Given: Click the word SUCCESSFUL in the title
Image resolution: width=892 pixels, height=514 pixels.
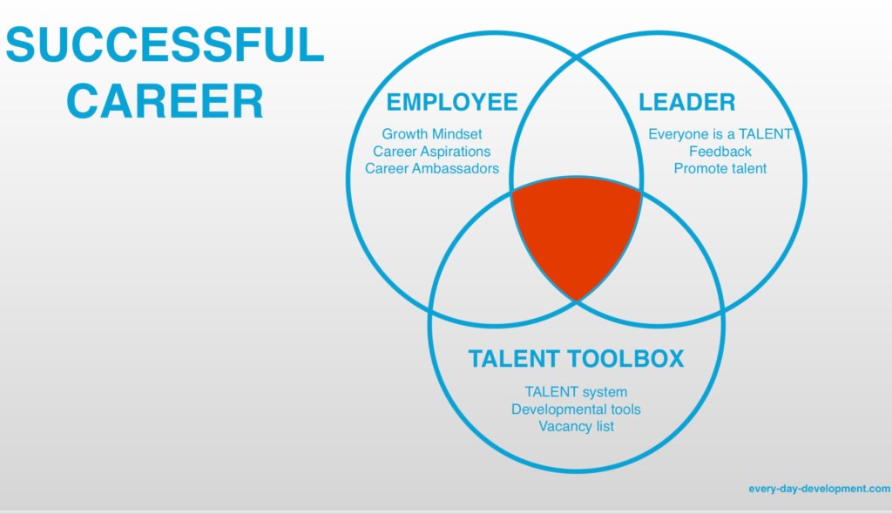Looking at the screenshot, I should tap(165, 44).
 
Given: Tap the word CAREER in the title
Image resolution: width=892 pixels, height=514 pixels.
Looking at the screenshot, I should tap(165, 100).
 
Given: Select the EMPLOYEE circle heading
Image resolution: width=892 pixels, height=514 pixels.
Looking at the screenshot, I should tap(452, 102).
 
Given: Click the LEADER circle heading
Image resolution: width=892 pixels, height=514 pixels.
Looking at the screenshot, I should tap(687, 102).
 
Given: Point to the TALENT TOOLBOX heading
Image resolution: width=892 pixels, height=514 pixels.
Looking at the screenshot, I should tap(576, 358).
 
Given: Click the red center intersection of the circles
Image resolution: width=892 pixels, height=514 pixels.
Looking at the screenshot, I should tap(576, 233).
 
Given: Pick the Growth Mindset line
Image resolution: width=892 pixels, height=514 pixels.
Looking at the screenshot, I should tap(432, 134).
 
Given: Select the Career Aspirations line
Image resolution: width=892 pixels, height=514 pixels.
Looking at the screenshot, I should tap(432, 152).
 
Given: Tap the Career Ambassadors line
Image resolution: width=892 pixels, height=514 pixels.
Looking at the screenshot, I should tap(432, 168).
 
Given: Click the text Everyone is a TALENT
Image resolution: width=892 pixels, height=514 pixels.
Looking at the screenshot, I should tap(720, 134).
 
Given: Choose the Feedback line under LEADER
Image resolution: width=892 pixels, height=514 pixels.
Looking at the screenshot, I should tap(720, 152).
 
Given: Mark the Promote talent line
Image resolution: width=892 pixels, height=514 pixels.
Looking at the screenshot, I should tap(720, 168).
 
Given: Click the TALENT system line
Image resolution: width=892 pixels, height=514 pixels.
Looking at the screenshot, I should tap(576, 392).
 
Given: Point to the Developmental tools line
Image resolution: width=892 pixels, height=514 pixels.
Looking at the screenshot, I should tap(576, 409).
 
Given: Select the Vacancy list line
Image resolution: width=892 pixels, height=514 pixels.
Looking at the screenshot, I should tap(576, 426).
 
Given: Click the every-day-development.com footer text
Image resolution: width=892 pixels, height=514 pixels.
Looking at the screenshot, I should tap(819, 489).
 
